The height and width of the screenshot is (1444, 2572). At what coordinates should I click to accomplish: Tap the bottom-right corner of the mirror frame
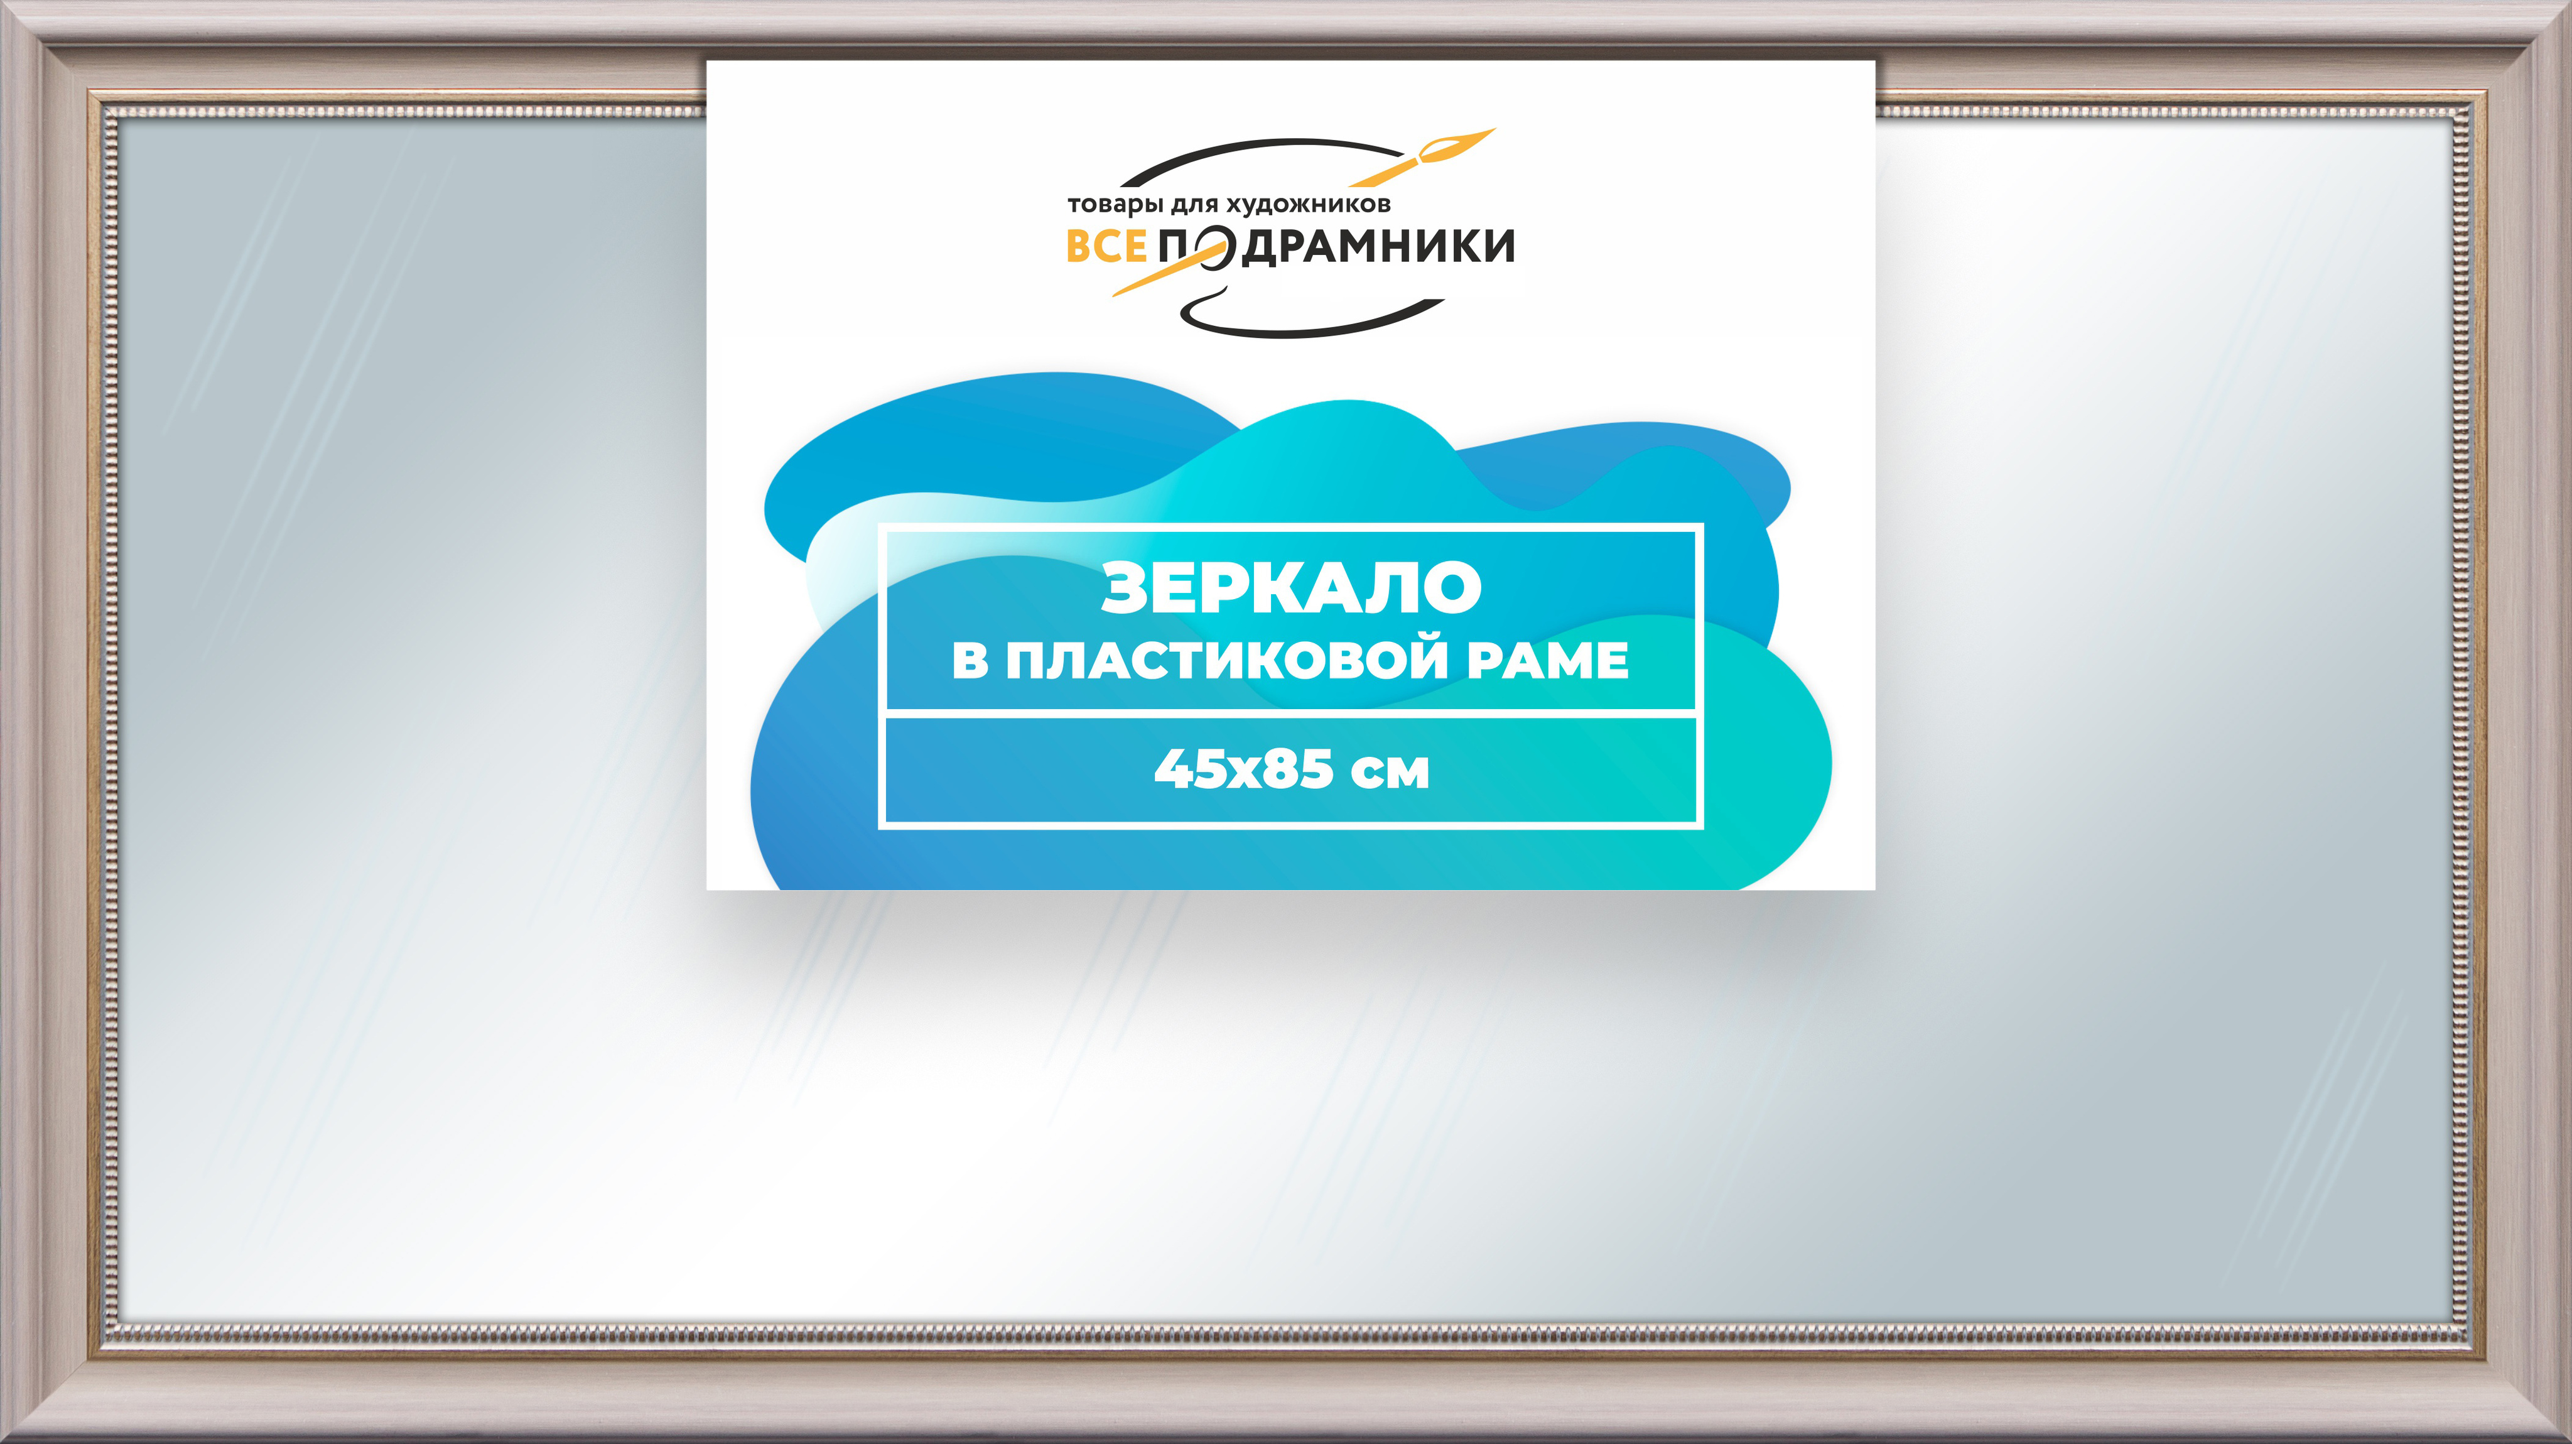2569,1441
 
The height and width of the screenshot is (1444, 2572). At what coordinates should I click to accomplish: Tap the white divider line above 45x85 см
1291,713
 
